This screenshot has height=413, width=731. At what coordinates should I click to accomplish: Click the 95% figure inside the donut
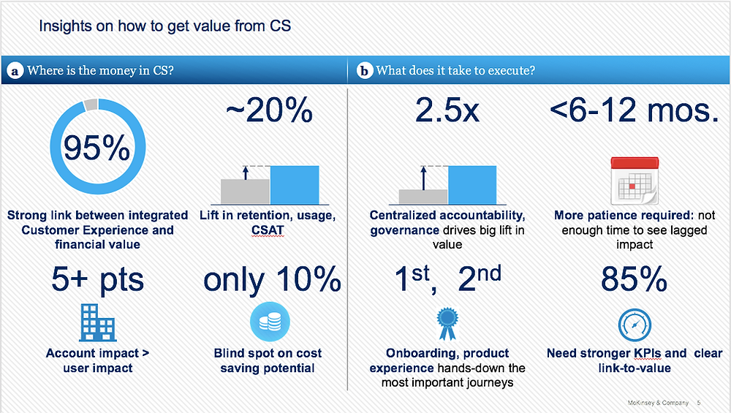97,148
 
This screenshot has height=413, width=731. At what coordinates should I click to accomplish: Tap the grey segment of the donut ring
91,105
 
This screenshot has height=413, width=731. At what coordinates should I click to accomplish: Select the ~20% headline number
269,110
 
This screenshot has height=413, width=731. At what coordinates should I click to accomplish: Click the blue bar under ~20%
295,185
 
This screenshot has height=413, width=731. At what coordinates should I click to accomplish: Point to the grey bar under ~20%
245,192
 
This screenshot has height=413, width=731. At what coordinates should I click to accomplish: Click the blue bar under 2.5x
472,185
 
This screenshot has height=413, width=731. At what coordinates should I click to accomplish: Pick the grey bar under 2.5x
423,197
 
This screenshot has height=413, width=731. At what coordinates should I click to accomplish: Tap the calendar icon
635,181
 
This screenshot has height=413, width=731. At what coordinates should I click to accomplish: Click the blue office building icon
98,322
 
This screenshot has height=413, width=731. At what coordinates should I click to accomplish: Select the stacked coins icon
270,322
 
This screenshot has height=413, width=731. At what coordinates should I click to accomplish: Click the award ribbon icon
447,323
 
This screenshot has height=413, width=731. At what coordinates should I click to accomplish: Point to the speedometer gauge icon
635,325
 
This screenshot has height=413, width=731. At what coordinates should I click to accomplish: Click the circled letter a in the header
15,71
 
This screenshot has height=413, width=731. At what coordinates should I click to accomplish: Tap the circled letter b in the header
365,71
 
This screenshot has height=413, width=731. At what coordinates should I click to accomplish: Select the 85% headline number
634,279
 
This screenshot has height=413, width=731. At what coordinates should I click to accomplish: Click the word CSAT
268,230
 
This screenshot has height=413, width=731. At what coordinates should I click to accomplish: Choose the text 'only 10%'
272,280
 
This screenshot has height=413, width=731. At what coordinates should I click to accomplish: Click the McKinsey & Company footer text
658,403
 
